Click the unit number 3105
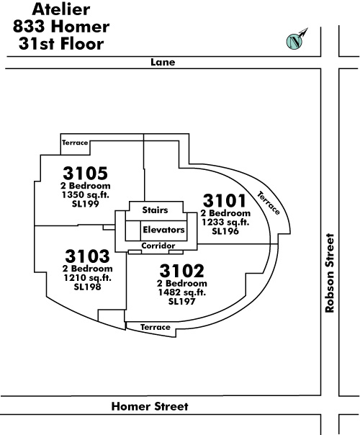[85, 173]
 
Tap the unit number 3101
[225, 200]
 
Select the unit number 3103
[87, 256]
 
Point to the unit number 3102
[181, 271]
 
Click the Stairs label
[155, 210]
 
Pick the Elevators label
[163, 230]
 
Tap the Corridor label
[158, 246]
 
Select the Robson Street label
[330, 273]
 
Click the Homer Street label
[150, 406]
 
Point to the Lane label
[163, 62]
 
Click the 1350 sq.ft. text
[86, 194]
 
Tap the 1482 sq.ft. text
[182, 292]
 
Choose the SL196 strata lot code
[225, 231]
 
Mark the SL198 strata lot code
[88, 287]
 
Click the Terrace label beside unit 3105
[75, 143]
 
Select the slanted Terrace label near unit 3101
[269, 203]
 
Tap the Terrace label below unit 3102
[156, 328]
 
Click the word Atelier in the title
[61, 9]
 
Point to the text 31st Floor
[61, 44]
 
